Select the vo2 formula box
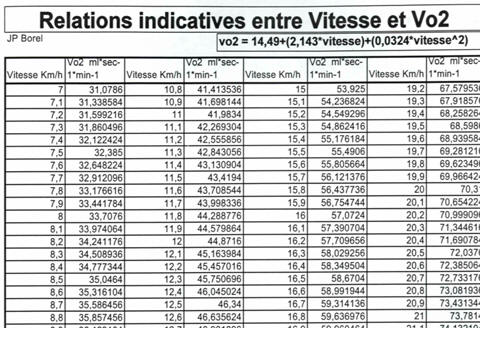(x=346, y=42)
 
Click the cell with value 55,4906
(x=334, y=152)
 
